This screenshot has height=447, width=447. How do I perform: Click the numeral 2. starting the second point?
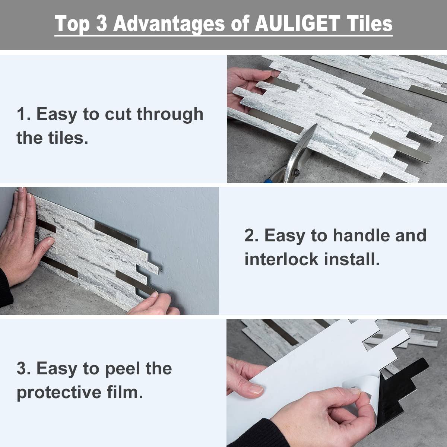point(251,235)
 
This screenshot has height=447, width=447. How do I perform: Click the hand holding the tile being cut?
point(242,86)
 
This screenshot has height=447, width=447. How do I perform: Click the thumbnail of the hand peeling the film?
point(256,389)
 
